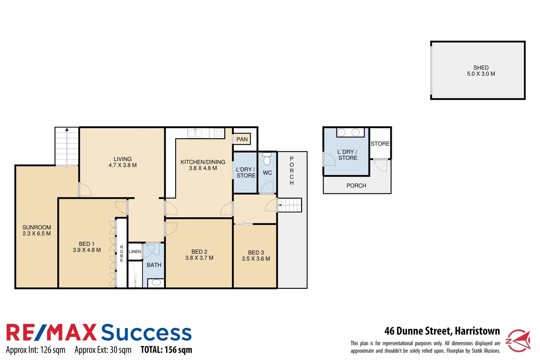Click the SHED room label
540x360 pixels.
tap(481, 68)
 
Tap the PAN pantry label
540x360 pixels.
tap(242, 139)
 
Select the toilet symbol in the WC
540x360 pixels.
tap(267, 159)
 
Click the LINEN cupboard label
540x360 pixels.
tap(135, 252)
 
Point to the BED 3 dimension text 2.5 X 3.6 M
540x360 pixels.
tap(256, 259)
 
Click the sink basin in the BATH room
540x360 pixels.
tap(156, 283)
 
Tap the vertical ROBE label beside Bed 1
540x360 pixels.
tap(122, 253)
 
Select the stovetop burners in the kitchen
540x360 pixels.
tap(219, 133)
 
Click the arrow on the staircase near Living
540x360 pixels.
tap(67, 130)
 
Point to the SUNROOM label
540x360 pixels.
tap(37, 227)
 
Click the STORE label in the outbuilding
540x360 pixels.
tap(380, 144)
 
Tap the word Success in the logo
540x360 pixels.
tap(146, 332)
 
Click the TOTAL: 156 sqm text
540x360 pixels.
tap(166, 350)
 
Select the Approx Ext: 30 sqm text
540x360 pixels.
tap(103, 350)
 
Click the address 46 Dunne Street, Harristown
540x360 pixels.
tap(442, 331)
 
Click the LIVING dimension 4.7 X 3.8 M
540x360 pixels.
tap(122, 165)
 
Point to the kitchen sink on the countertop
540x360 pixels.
tap(195, 133)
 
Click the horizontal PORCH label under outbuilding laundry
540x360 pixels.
tap(356, 186)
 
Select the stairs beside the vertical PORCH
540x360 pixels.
tap(290, 205)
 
